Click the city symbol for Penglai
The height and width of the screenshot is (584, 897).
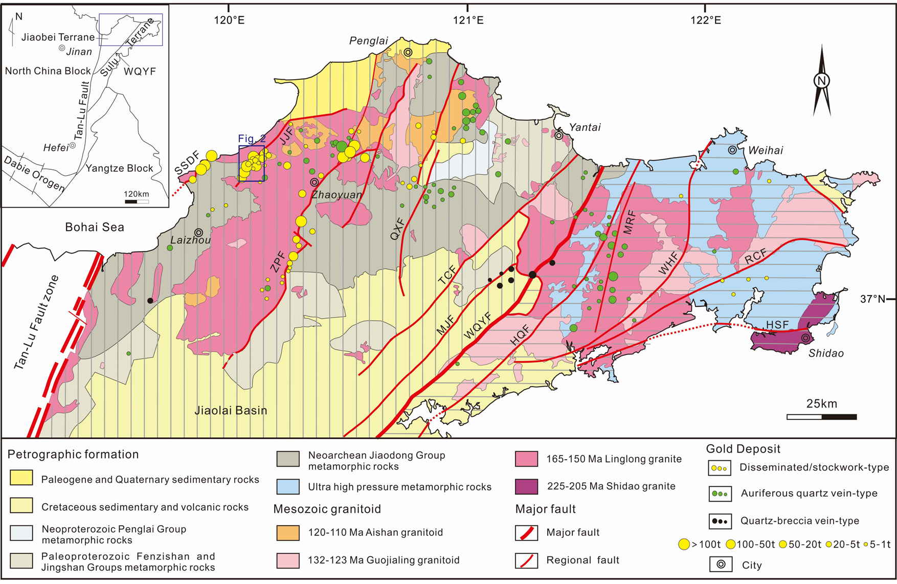pyautogui.click(x=408, y=52)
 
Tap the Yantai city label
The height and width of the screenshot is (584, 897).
pyautogui.click(x=585, y=127)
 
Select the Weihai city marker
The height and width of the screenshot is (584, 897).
pyautogui.click(x=732, y=150)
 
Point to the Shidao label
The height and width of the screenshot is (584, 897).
pyautogui.click(x=826, y=353)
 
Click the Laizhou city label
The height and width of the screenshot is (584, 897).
pyautogui.click(x=190, y=240)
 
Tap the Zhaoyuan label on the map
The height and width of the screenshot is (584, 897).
pyautogui.click(x=337, y=194)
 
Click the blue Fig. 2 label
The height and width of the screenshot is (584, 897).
pyautogui.click(x=252, y=139)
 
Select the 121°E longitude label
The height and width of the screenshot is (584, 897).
pyautogui.click(x=468, y=20)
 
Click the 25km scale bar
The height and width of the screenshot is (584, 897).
pyautogui.click(x=821, y=417)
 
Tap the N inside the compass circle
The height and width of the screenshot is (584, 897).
pyautogui.click(x=822, y=81)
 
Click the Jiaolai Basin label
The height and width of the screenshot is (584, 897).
pyautogui.click(x=231, y=410)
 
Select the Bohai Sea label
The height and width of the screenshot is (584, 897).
pyautogui.click(x=95, y=227)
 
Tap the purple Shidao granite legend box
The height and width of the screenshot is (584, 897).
pyautogui.click(x=526, y=486)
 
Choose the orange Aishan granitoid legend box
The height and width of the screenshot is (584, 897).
pyautogui.click(x=287, y=533)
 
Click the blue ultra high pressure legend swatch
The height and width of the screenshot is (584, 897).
pyautogui.click(x=287, y=486)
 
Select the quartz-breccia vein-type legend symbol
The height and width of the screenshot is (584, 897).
pyautogui.click(x=720, y=521)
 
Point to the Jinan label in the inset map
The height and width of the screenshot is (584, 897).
pyautogui.click(x=79, y=52)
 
